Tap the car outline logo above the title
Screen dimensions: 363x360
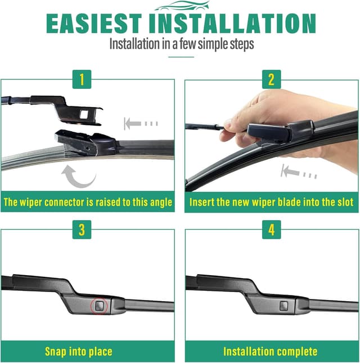pos(180,6)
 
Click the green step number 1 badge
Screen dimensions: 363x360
pos(82,79)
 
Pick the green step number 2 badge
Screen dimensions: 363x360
pos(271,79)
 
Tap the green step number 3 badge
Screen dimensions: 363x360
pos(82,231)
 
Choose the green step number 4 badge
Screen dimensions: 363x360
pos(271,231)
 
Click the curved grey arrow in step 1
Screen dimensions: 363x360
pos(78,176)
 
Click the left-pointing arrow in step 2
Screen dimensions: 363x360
pos(299,171)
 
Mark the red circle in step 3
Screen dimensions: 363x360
pos(98,306)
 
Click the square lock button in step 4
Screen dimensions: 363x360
pos(283,306)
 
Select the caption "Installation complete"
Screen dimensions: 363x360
pos(270,352)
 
